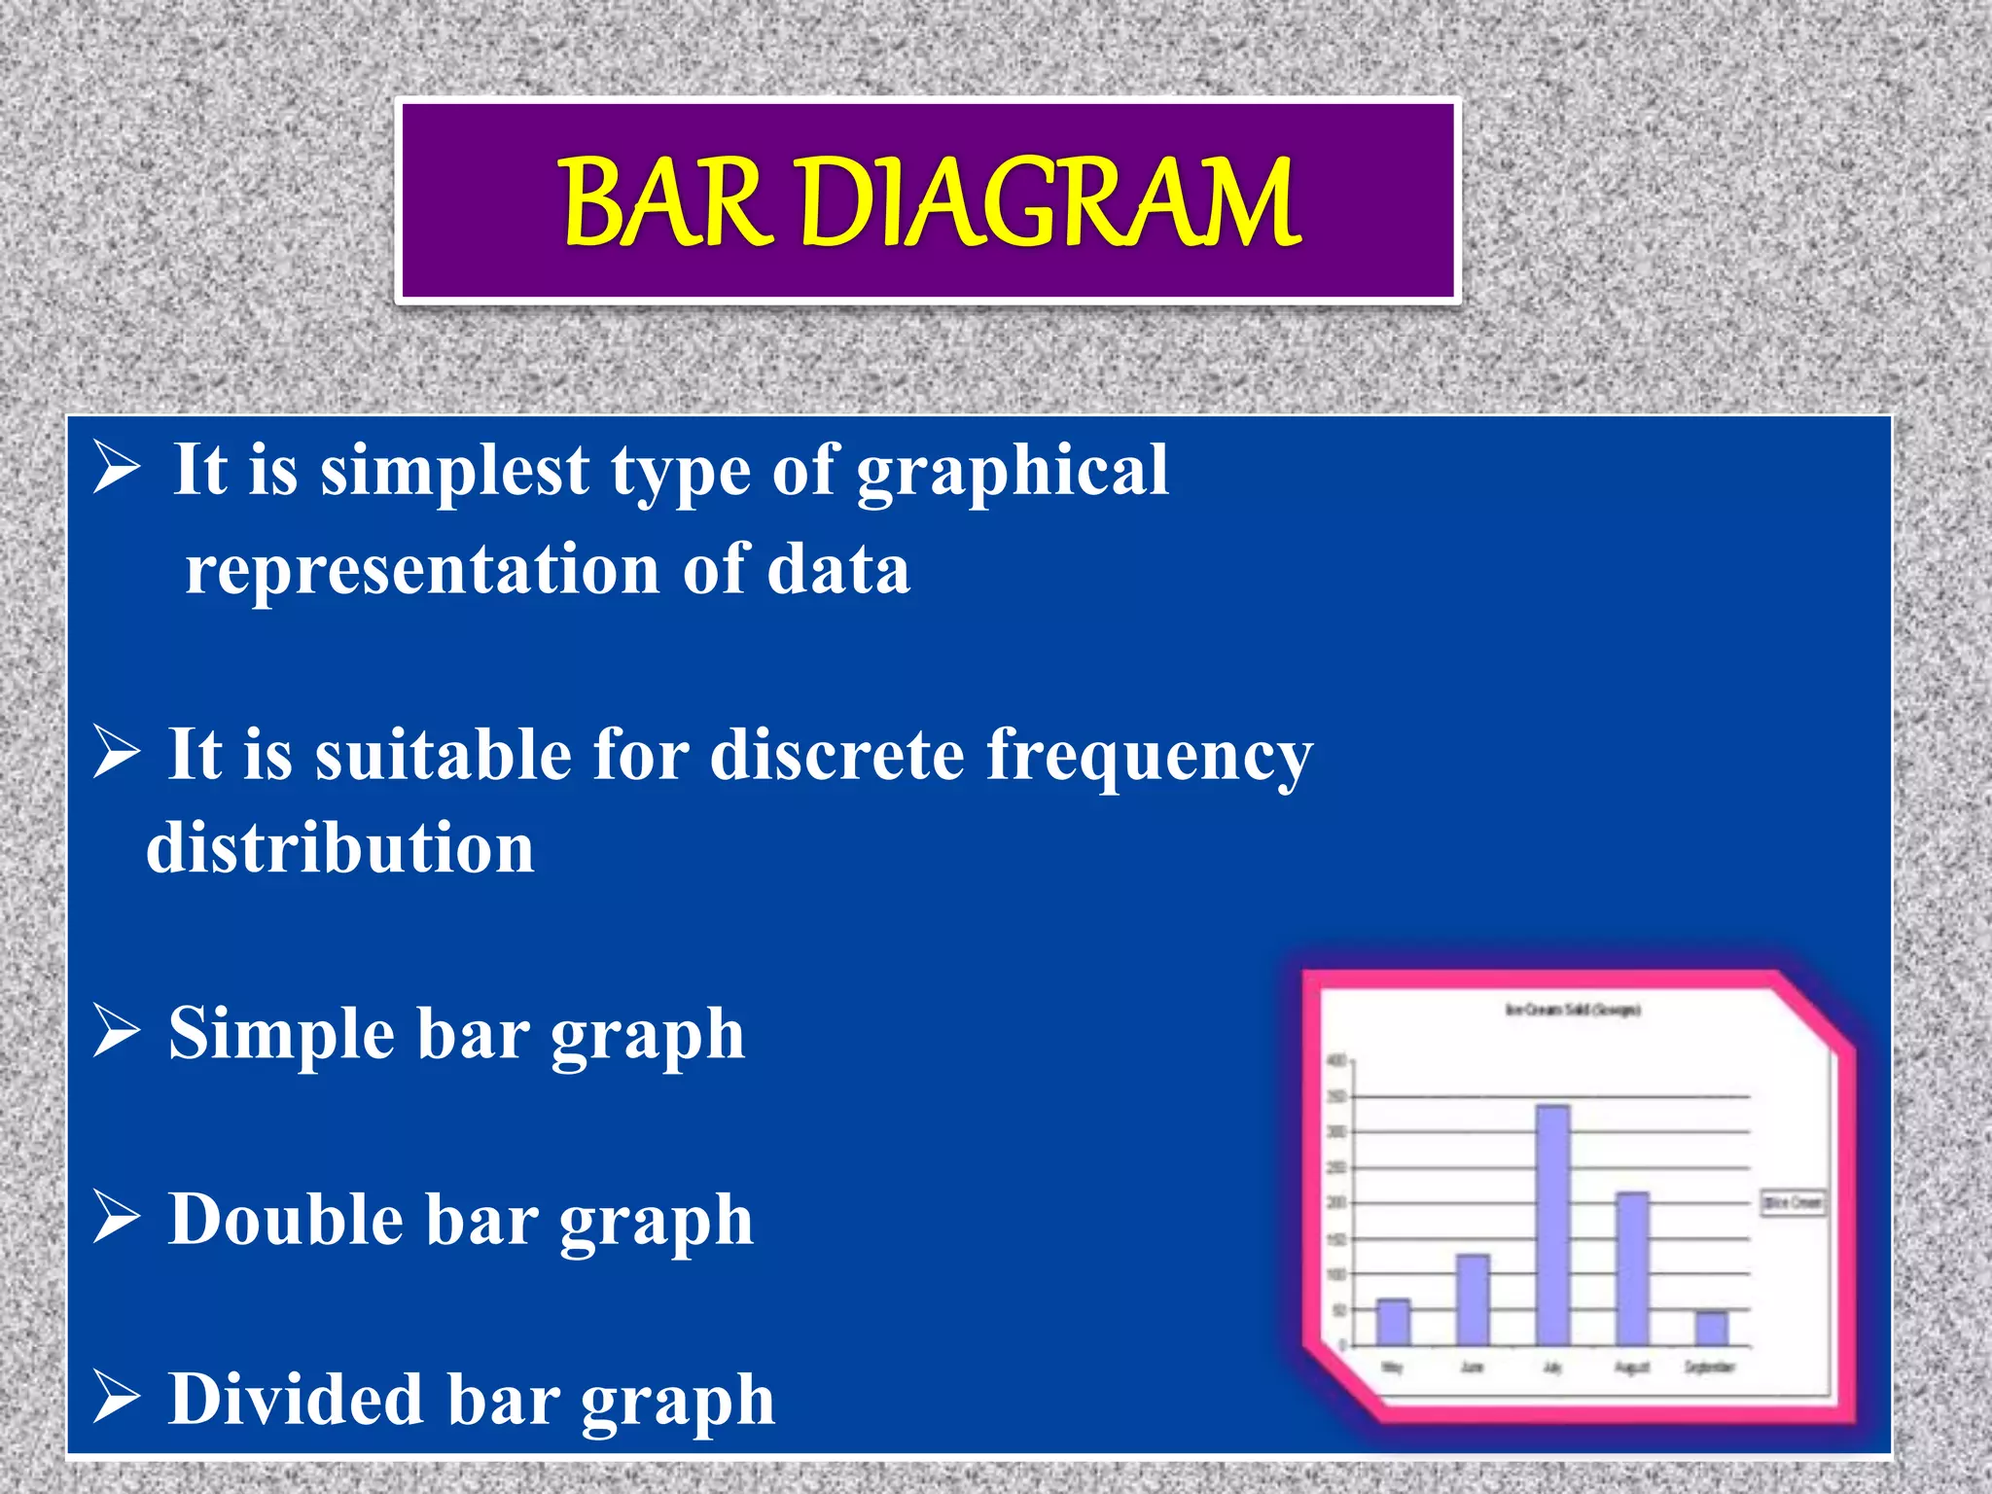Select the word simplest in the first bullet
(455, 472)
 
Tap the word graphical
(1012, 472)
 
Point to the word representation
(422, 569)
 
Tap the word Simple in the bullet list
(282, 1034)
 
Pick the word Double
(286, 1220)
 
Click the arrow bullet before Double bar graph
(117, 1220)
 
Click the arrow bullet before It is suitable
(117, 756)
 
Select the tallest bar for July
(1552, 1226)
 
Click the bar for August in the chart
(1632, 1269)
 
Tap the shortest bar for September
(1711, 1330)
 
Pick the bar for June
(1473, 1300)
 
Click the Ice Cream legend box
(1793, 1203)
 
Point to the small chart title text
(1573, 1011)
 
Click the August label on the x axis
(1632, 1368)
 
